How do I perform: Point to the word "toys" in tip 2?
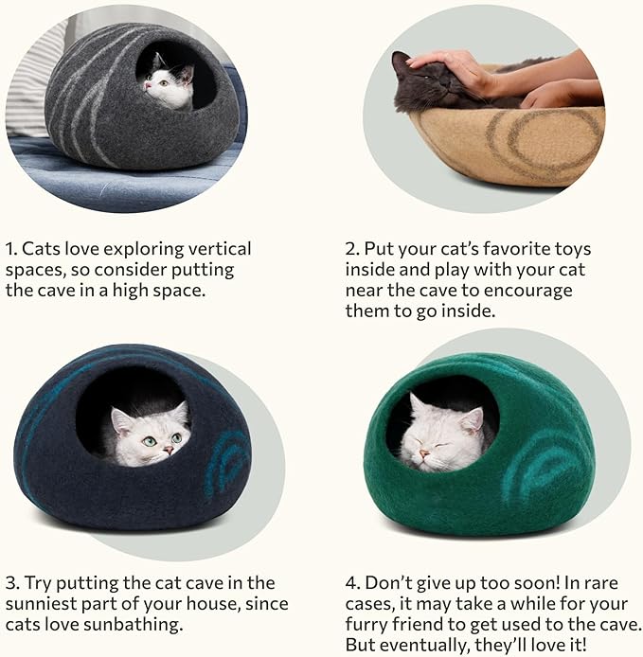click(x=568, y=249)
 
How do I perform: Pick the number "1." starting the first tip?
click(x=12, y=249)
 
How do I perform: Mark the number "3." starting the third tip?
click(x=13, y=582)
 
